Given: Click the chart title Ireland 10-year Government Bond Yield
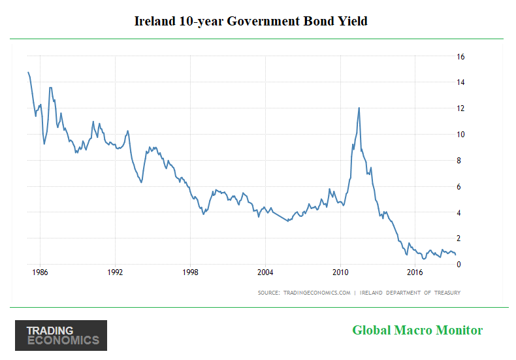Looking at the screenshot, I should click(251, 21).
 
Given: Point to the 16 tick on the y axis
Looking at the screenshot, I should click(460, 57).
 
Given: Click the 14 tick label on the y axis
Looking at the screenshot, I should click(460, 82).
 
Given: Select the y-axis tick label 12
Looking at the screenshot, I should click(460, 108).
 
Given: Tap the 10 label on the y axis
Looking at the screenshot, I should click(460, 135).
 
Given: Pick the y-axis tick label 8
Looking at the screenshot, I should click(460, 161).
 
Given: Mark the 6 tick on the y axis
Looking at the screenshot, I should click(460, 187).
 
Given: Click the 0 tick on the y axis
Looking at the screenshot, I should click(460, 265).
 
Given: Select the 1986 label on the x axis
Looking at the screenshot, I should click(39, 272).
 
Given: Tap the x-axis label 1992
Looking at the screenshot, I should click(115, 272).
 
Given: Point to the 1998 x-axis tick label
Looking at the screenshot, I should click(190, 272).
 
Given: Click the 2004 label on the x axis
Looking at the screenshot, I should click(265, 272).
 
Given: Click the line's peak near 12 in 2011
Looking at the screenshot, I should click(359, 108).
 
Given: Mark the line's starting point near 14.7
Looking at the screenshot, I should click(28, 73).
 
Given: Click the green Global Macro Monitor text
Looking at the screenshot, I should click(417, 330).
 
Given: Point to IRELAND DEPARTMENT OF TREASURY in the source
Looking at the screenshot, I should click(411, 292).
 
